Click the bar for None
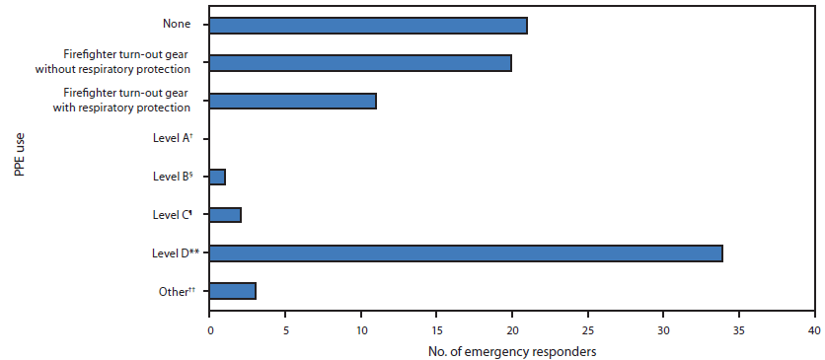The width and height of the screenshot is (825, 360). pos(368,26)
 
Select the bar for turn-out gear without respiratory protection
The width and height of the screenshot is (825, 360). pos(360,63)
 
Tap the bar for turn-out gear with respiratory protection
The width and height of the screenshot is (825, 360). pos(292,101)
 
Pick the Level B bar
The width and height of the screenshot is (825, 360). pos(217,177)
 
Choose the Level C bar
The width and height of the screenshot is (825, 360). pos(225,215)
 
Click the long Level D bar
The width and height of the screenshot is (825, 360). pos(466,252)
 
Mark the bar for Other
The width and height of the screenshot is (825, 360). pos(233,290)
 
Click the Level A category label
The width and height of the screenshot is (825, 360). pos(172,139)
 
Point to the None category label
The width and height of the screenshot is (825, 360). pos(176,26)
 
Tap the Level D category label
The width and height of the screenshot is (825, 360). pos(170,252)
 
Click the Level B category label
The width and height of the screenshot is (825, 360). pos(172,177)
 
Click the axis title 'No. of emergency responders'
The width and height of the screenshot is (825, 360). pos(511,349)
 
